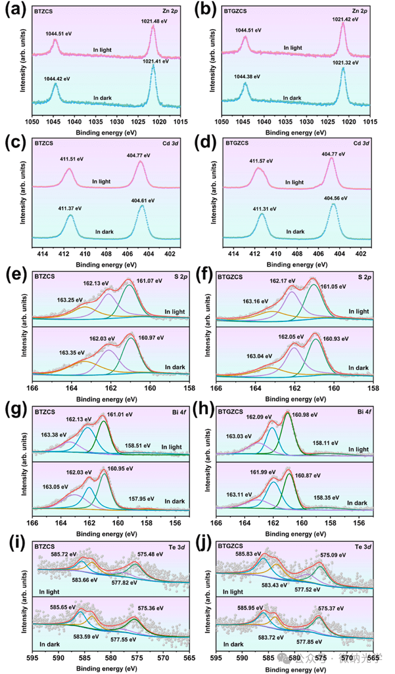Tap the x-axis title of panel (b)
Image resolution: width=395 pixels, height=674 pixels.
(x=296, y=132)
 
